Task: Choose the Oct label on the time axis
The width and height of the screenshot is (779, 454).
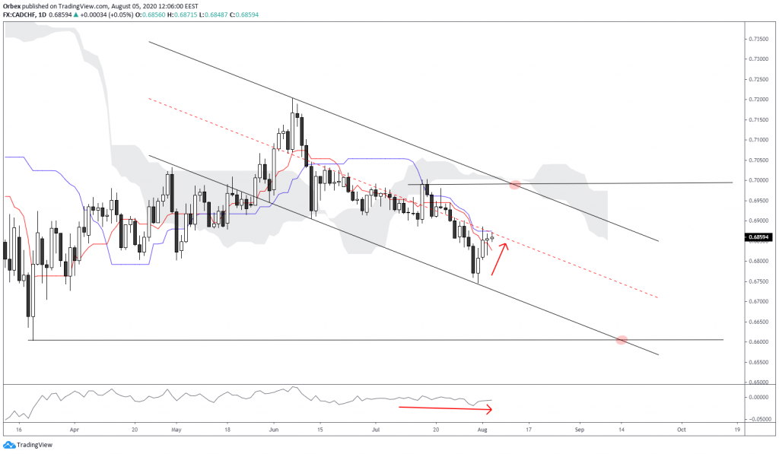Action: [x=682, y=430]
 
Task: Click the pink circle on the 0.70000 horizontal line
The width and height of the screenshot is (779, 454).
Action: [x=515, y=184]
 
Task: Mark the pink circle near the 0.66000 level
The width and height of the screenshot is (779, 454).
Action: [x=622, y=340]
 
